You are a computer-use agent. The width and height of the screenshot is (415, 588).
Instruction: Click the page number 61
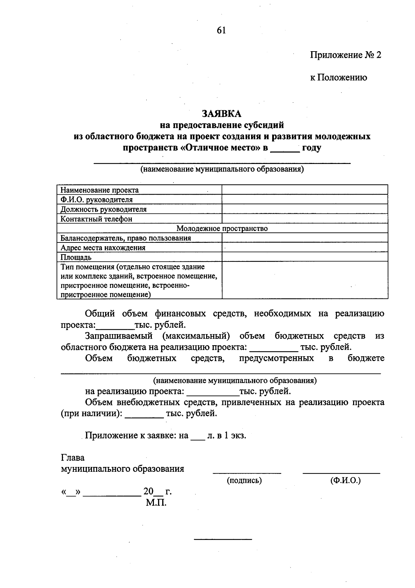pyautogui.click(x=221, y=30)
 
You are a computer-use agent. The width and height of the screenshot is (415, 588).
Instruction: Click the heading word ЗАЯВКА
pyautogui.click(x=222, y=113)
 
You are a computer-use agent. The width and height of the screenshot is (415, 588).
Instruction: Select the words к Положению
pyautogui.click(x=339, y=77)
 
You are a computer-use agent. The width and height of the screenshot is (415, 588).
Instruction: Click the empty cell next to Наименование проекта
pyautogui.click(x=304, y=190)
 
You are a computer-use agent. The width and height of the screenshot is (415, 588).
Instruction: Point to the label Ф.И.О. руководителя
pyautogui.click(x=96, y=200)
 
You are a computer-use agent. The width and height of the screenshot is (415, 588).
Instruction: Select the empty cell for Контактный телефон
pyautogui.click(x=304, y=219)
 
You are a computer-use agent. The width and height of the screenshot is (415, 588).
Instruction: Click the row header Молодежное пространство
pyautogui.click(x=222, y=228)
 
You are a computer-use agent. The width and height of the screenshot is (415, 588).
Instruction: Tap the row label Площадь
pyautogui.click(x=76, y=257)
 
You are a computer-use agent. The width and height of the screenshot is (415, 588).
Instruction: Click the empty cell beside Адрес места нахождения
pyautogui.click(x=304, y=247)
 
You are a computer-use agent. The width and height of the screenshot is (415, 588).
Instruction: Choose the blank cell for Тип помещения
pyautogui.click(x=304, y=280)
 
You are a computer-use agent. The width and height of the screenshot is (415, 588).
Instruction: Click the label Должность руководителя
pyautogui.click(x=103, y=209)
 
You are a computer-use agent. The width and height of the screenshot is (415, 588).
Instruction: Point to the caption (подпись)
pyautogui.click(x=244, y=480)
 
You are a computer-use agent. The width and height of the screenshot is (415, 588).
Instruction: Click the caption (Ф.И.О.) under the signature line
pyautogui.click(x=345, y=480)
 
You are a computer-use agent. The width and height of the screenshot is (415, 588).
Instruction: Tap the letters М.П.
pyautogui.click(x=156, y=503)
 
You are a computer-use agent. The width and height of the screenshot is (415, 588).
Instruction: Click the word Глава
pyautogui.click(x=73, y=458)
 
